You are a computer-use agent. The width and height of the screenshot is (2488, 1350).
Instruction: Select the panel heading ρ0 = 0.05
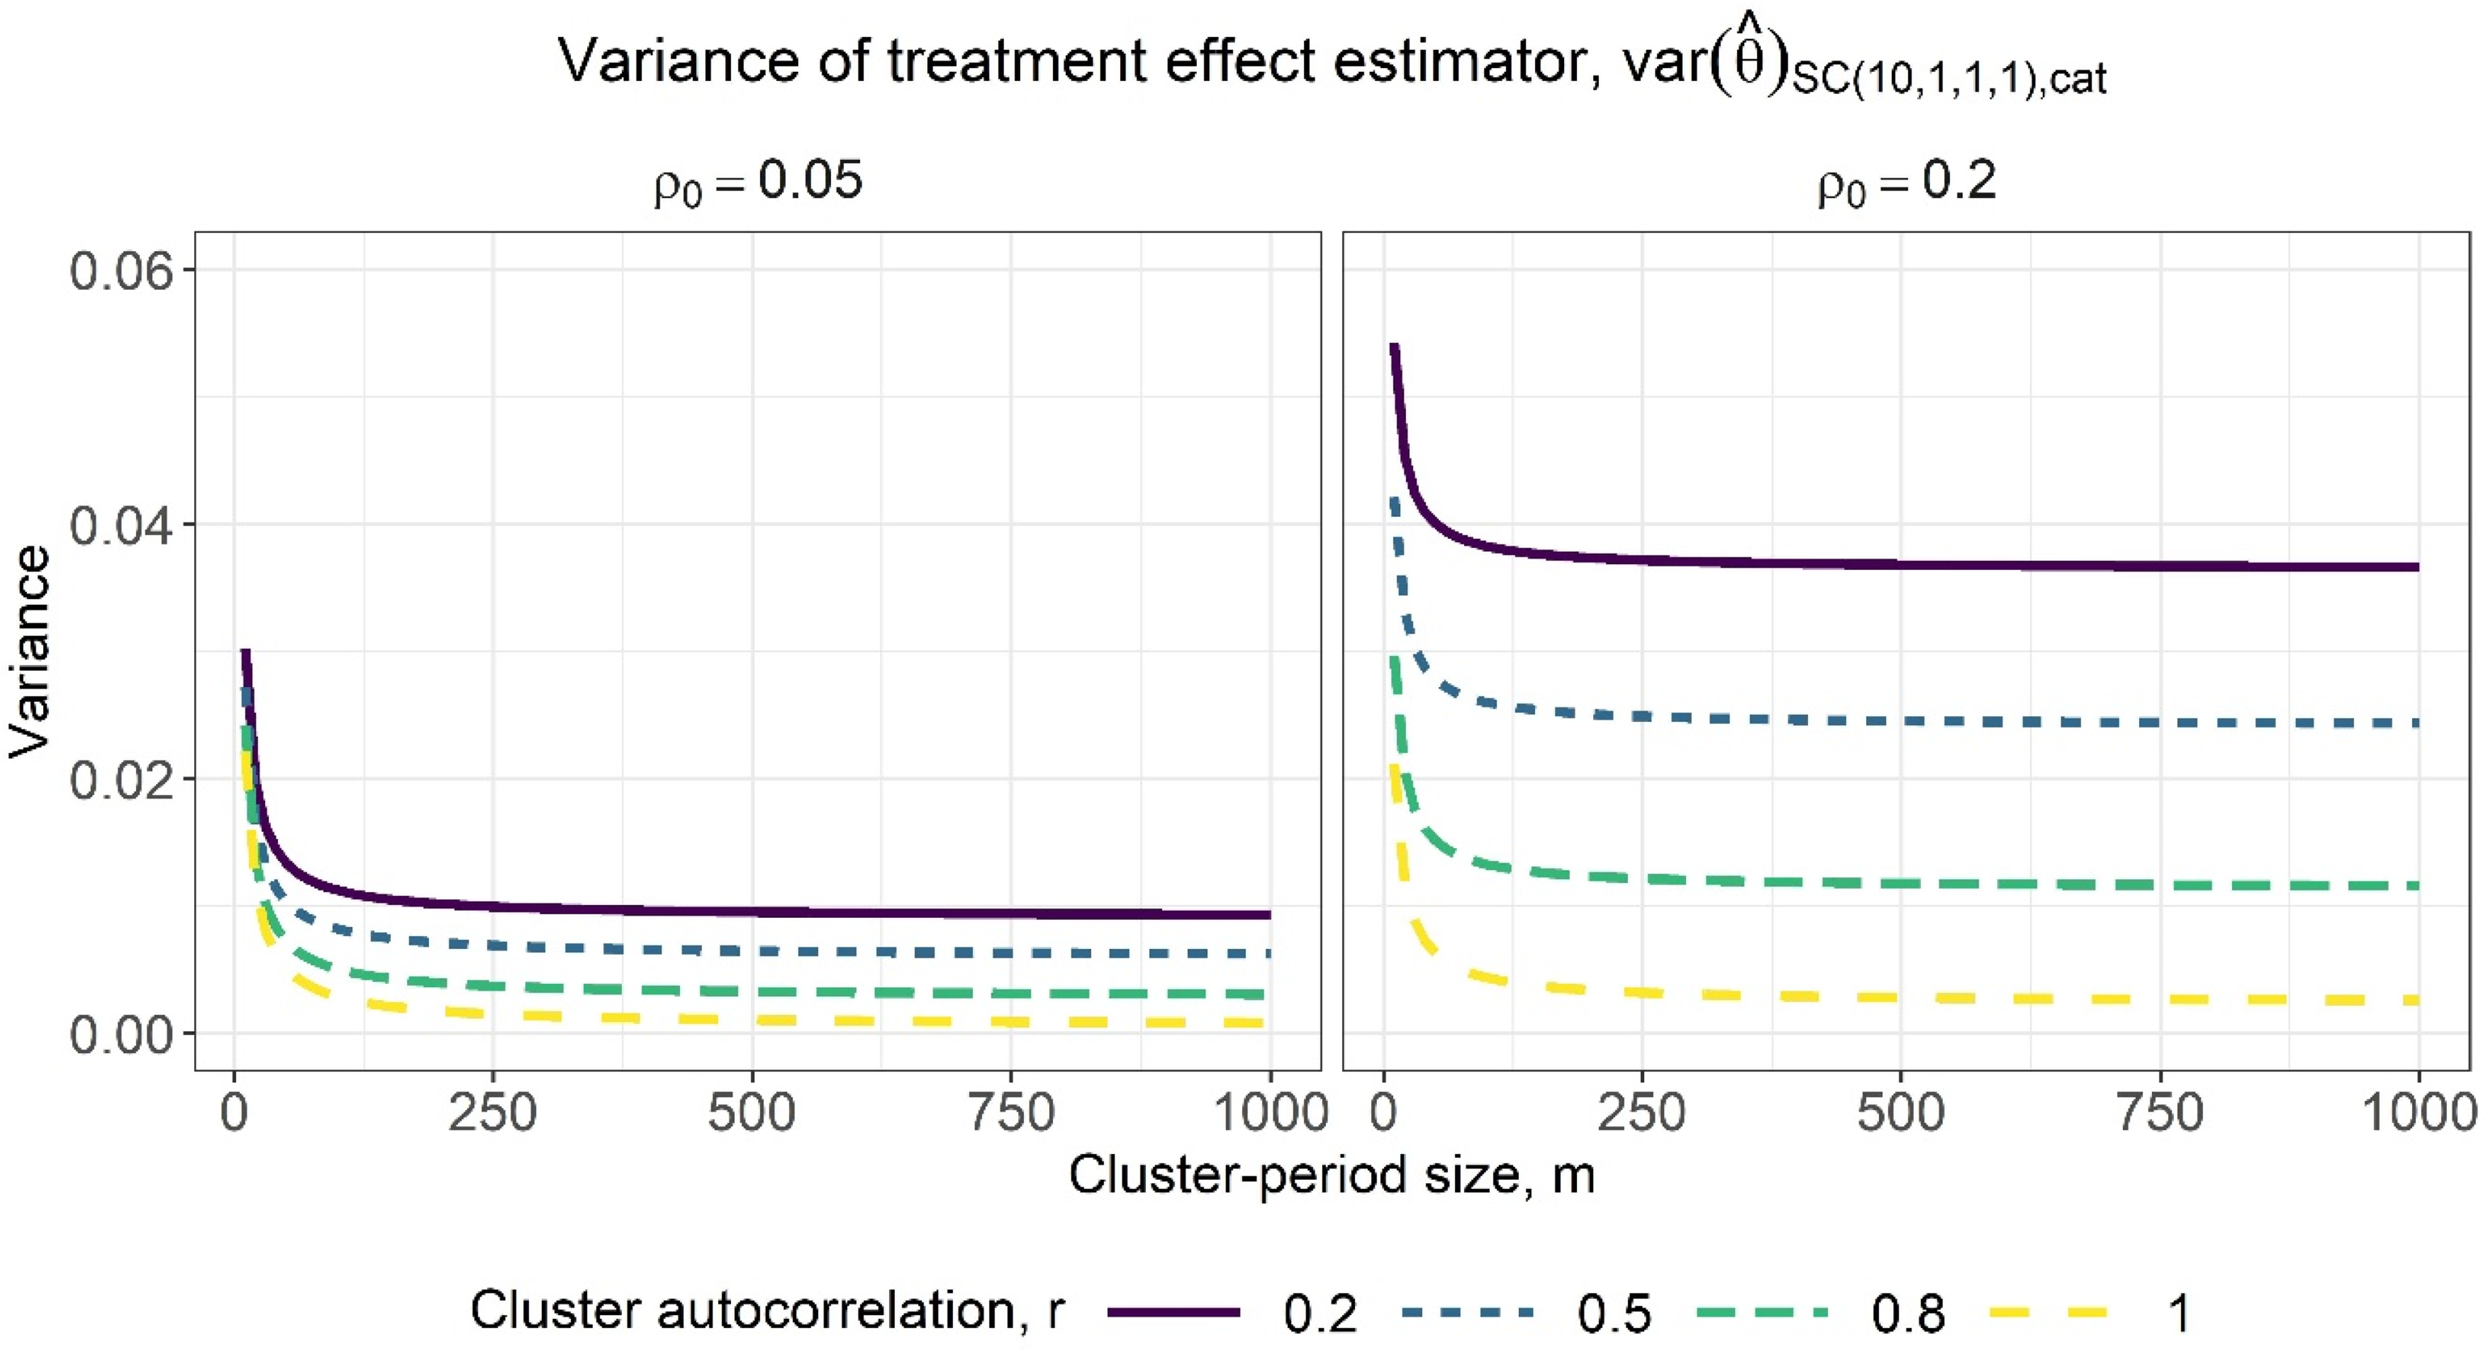759,182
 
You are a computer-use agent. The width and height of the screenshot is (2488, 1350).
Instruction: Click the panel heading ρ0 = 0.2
1906,182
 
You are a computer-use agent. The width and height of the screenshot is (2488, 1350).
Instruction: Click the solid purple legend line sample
1173,1312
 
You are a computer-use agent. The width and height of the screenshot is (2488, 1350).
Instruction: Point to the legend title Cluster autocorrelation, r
768,1312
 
